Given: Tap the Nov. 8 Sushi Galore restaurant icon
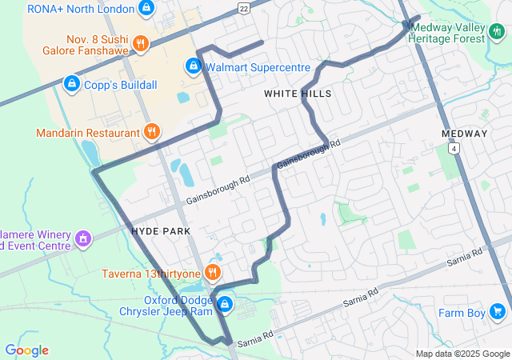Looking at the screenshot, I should pyautogui.click(x=140, y=43).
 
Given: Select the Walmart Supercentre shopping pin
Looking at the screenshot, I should pyautogui.click(x=193, y=66).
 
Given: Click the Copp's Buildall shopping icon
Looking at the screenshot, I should pyautogui.click(x=71, y=83).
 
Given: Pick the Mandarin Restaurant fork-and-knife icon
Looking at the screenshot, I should pyautogui.click(x=151, y=131).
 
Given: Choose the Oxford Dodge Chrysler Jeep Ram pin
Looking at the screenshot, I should pyautogui.click(x=225, y=304).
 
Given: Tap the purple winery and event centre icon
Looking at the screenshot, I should pyautogui.click(x=82, y=238).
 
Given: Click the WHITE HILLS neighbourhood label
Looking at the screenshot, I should pyautogui.click(x=298, y=94).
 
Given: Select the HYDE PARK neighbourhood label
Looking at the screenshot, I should pyautogui.click(x=161, y=231).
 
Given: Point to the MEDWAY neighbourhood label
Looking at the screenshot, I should pyautogui.click(x=464, y=134).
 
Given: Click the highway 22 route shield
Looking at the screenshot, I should pyautogui.click(x=243, y=7).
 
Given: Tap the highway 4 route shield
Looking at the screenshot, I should pyautogui.click(x=454, y=149).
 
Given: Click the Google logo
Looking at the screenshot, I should pyautogui.click(x=26, y=350).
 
